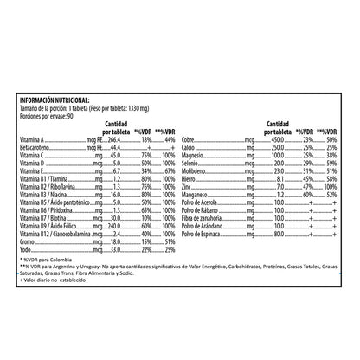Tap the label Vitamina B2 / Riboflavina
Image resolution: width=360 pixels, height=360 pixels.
pyautogui.click(x=60, y=187)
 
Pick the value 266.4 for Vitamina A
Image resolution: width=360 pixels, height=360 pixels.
pyautogui.click(x=114, y=139)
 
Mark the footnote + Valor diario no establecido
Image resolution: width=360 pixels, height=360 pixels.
pyautogui.click(x=61, y=284)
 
